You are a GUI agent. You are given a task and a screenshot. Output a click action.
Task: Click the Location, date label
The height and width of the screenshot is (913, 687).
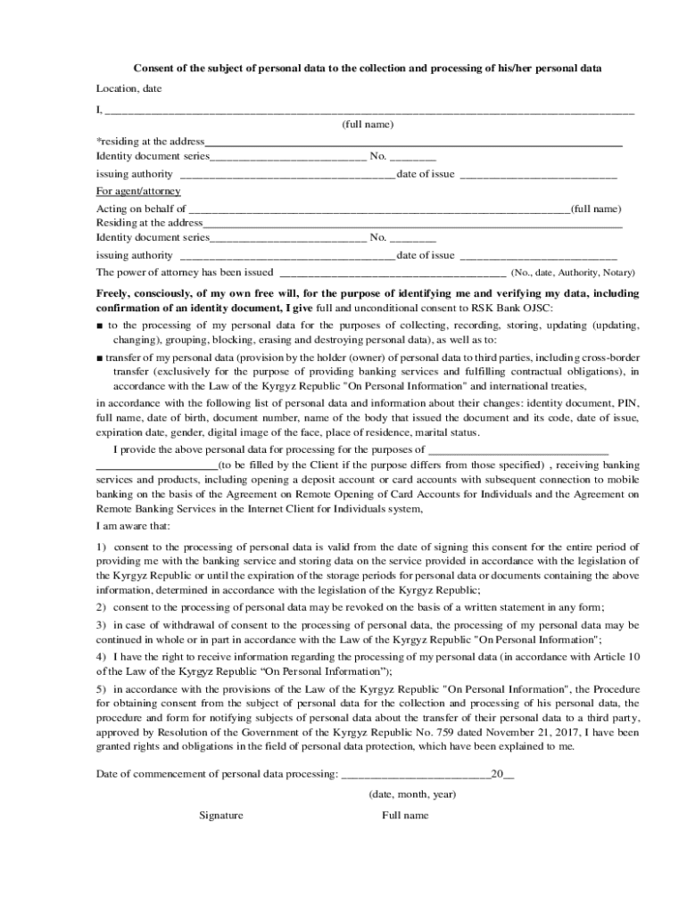pos(128,89)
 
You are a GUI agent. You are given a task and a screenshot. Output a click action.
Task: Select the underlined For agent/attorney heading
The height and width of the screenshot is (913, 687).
pos(138,191)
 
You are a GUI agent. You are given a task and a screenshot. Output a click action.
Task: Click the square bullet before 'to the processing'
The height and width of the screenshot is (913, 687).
pos(100,325)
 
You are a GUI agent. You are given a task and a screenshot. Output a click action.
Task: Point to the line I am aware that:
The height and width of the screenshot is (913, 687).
pos(133,526)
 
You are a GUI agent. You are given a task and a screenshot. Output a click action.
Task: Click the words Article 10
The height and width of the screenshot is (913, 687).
pos(617,657)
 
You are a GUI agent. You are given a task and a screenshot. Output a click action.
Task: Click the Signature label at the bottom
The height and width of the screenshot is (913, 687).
pos(221,815)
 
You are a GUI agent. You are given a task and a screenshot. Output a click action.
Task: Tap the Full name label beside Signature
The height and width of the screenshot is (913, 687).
pos(405,815)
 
